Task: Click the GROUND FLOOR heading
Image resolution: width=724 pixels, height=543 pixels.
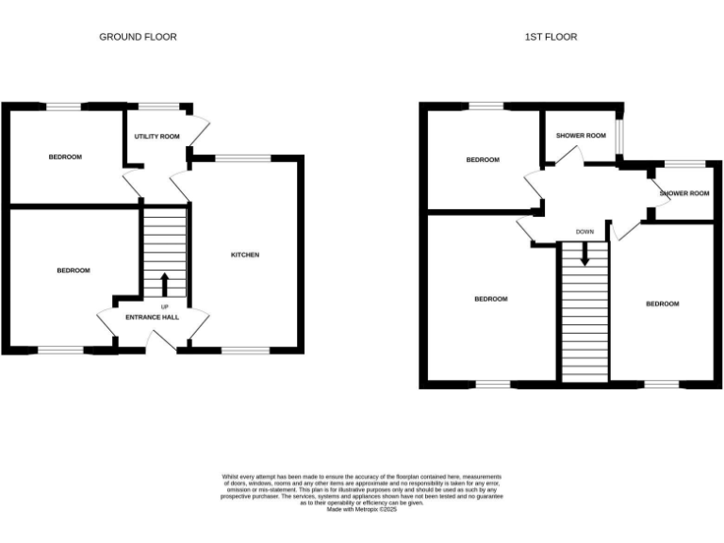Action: tap(138, 37)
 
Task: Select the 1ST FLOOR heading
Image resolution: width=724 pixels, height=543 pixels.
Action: tap(551, 37)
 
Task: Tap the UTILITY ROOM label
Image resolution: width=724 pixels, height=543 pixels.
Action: tap(156, 137)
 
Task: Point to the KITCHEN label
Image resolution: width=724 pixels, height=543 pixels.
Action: tap(245, 255)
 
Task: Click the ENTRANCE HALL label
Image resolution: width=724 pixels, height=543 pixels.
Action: tap(152, 318)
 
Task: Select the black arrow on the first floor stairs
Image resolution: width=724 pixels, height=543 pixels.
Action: tap(584, 253)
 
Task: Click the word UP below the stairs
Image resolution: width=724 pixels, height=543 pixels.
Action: tap(165, 307)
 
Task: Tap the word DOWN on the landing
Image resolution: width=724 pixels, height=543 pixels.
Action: tap(584, 232)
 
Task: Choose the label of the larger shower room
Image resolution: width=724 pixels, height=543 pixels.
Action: tap(581, 136)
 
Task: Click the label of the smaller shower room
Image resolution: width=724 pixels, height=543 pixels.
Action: tap(683, 193)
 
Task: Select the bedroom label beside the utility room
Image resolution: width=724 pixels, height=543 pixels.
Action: tap(65, 156)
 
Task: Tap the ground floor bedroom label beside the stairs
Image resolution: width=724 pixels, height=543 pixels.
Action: tap(73, 271)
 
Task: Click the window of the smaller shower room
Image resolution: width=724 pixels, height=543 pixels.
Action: tap(684, 164)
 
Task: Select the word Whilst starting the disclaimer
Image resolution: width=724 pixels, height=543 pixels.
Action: tap(232, 477)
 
